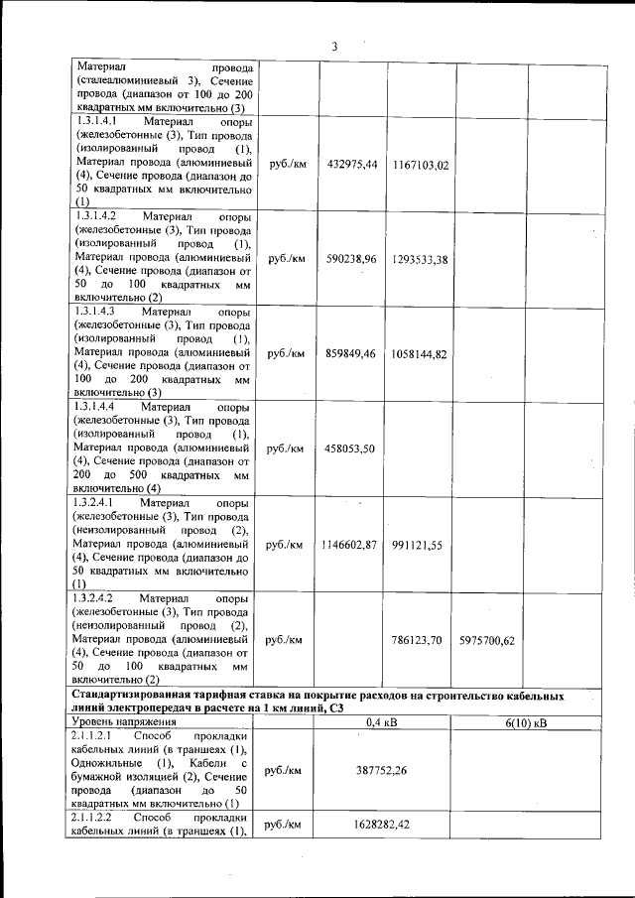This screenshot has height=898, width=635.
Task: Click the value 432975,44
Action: point(351,164)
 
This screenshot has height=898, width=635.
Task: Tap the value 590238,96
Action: point(351,259)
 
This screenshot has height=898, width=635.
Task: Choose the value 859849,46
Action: point(351,353)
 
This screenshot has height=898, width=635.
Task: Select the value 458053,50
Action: point(351,449)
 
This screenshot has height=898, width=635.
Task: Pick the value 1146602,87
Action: point(349,545)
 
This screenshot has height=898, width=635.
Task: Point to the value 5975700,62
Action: point(487,640)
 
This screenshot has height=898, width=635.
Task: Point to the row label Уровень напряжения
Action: point(120,723)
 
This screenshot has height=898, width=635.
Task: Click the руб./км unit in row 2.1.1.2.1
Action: point(285,768)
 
